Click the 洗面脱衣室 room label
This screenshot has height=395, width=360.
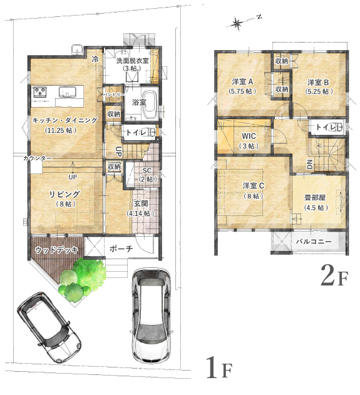pos(132,61)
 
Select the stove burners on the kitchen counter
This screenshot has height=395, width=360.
pos(40,92)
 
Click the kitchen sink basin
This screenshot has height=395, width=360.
pos(68,91)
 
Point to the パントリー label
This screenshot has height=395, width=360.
pos(113,95)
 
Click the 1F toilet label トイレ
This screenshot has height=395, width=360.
pos(136,132)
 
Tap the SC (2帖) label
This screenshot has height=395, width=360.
pos(148,175)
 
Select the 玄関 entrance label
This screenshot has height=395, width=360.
pos(141,203)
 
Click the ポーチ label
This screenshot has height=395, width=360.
pos(121,249)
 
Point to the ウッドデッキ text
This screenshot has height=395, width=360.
pos(56,250)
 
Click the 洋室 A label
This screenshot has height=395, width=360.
pos(242,81)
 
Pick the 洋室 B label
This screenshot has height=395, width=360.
pos(318,83)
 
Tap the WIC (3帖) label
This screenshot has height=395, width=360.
pos(249,141)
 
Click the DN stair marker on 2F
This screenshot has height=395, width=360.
pos(310,165)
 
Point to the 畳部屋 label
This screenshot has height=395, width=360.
pos(315,198)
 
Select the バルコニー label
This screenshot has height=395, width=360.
pos(314,242)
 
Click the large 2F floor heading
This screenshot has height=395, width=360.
pos(334,275)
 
